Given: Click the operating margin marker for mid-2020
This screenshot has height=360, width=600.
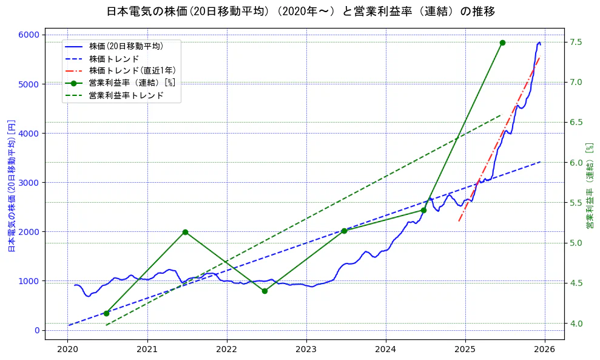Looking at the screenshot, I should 106,313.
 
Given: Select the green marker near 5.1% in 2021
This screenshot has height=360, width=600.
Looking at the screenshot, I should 185,232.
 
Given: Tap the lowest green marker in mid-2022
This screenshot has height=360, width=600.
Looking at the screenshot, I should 265,291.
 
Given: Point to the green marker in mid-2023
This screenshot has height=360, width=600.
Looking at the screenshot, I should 344,231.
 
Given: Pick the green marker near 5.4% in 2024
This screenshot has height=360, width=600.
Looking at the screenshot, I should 423,210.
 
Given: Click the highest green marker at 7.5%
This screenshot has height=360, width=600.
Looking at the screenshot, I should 502,42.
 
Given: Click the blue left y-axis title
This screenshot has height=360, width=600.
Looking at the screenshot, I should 11,185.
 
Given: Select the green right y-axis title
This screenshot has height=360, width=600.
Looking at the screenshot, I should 589,185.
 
